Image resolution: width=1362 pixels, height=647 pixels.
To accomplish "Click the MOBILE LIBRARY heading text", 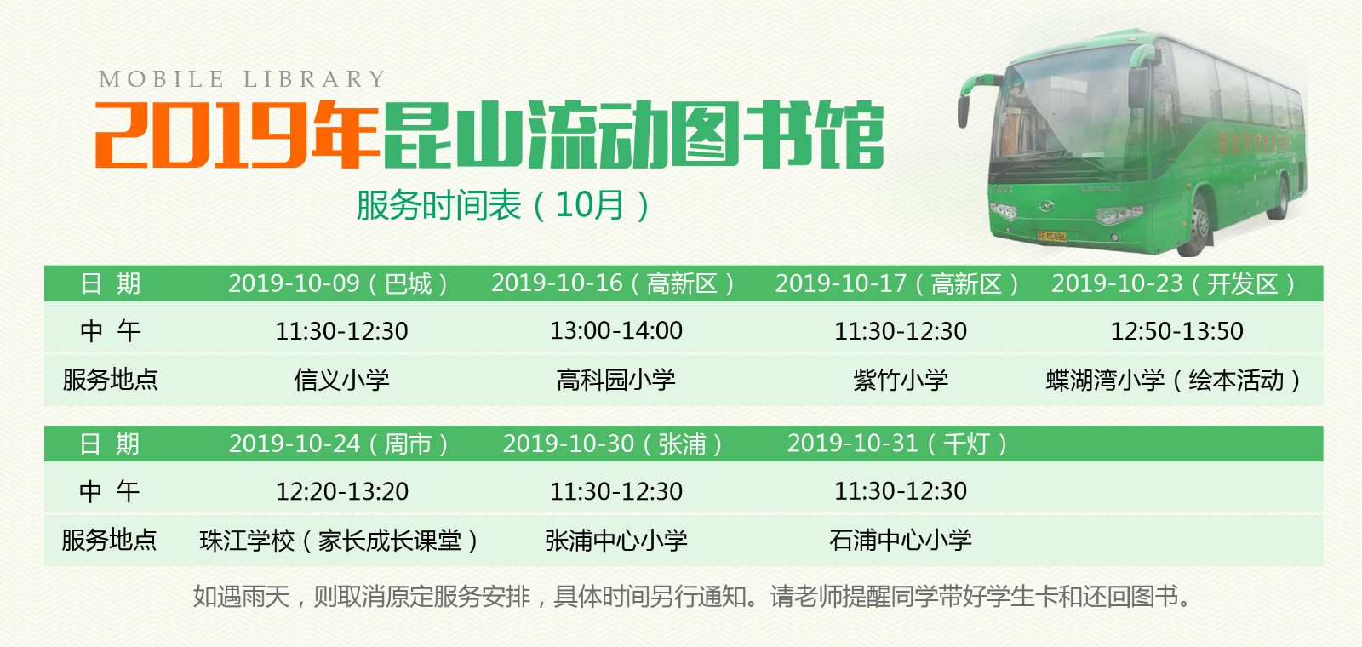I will [242, 79].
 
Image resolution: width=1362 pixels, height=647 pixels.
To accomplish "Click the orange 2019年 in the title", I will [237, 135].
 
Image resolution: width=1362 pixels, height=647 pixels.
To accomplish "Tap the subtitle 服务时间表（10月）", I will [502, 205].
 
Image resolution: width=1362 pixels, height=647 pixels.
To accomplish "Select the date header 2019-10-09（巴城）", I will [339, 283].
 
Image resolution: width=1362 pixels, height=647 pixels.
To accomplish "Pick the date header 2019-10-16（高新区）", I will [614, 283].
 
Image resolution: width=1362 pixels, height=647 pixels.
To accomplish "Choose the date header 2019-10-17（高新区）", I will [897, 283].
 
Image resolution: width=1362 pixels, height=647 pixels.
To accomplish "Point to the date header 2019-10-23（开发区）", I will [1175, 283].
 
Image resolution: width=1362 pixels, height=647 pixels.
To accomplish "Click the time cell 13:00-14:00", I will [616, 330].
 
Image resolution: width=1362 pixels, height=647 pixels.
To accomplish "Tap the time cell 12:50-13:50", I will [1176, 330].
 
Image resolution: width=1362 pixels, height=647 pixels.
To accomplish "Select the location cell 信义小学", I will [341, 380].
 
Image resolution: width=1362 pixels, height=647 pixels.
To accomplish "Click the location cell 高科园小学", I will [616, 380].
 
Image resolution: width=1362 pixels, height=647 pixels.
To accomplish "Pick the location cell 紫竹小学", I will [901, 380].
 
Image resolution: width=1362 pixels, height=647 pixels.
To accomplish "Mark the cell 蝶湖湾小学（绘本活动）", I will [1175, 380].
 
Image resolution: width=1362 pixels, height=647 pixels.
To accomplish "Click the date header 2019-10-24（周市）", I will [339, 444].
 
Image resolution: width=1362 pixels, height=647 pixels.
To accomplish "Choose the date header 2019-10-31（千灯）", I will [898, 444].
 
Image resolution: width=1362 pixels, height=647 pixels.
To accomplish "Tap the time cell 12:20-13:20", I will [342, 491].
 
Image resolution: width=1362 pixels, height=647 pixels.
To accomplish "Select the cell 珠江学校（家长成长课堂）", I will [340, 541].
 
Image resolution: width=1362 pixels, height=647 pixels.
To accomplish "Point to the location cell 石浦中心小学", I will [901, 541].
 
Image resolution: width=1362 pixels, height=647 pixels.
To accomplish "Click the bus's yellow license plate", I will [1051, 236].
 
